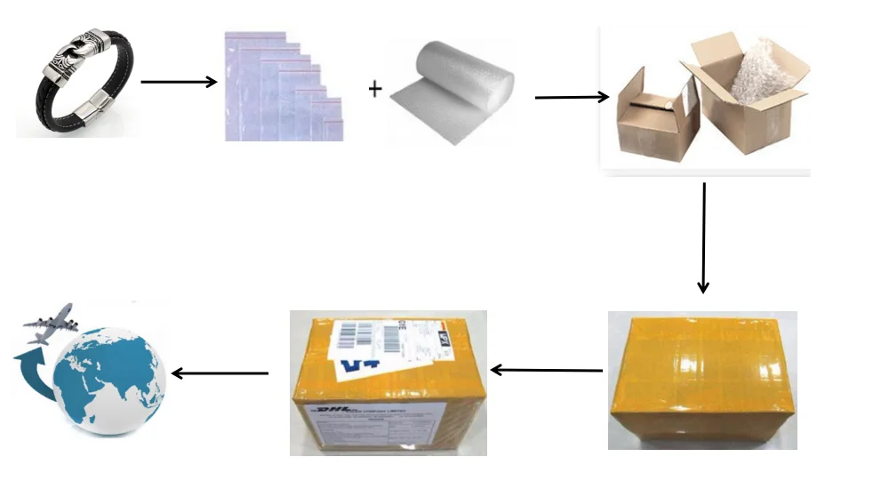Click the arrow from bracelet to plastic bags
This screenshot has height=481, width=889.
(179, 83)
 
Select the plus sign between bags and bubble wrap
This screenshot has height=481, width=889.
(375, 90)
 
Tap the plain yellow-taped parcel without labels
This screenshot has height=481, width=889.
(701, 378)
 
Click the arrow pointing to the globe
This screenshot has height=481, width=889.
(219, 373)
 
